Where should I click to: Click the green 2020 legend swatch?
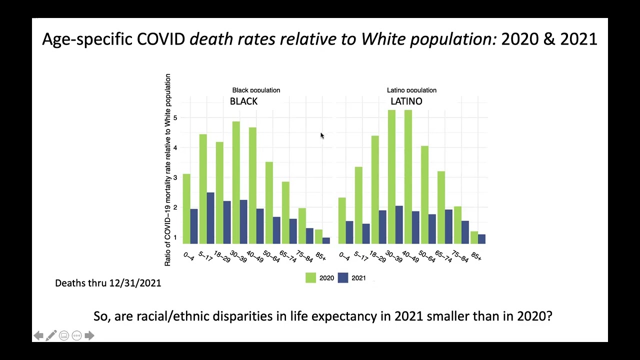pyautogui.click(x=310, y=278)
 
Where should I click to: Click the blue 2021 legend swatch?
pyautogui.click(x=343, y=278)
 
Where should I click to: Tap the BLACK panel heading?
pyautogui.click(x=243, y=101)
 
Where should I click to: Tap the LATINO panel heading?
pyautogui.click(x=406, y=101)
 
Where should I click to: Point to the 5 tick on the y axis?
pyautogui.click(x=175, y=118)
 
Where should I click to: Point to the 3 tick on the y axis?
pyautogui.click(x=175, y=178)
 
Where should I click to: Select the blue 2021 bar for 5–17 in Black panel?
pyautogui.click(x=210, y=218)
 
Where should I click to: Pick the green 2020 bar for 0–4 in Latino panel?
pyautogui.click(x=342, y=220)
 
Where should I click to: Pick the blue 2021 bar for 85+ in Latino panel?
pyautogui.click(x=481, y=239)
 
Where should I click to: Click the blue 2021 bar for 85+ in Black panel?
pyautogui.click(x=326, y=240)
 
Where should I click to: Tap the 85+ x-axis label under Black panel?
pyautogui.click(x=320, y=257)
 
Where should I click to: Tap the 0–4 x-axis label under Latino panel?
pyautogui.click(x=344, y=256)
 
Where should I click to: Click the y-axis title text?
pyautogui.click(x=168, y=170)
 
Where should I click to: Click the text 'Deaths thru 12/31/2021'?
pyautogui.click(x=108, y=283)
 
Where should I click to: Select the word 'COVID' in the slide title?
pyautogui.click(x=161, y=39)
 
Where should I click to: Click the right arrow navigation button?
pyautogui.click(x=89, y=335)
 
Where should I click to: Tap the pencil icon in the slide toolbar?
pyautogui.click(x=51, y=335)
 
